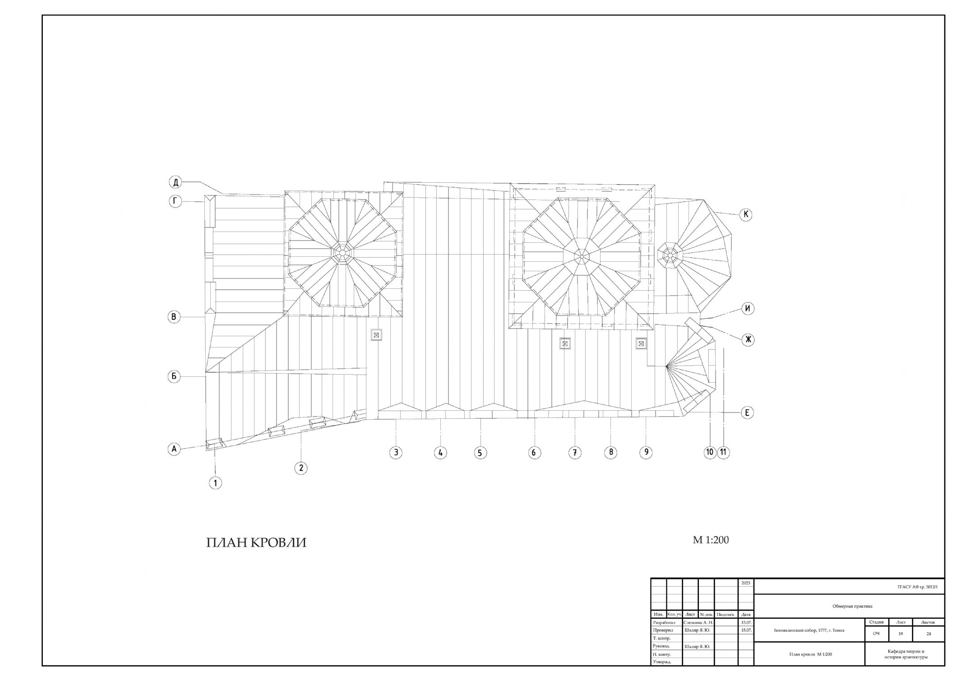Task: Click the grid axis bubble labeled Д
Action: pos(176,182)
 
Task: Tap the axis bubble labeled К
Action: pos(746,215)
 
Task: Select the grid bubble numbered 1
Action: pos(215,483)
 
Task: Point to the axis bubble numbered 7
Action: pos(574,453)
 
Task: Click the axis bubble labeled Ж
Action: pos(748,339)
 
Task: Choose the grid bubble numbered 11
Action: pos(723,452)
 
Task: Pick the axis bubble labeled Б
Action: pos(174,376)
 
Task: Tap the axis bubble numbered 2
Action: pos(301,468)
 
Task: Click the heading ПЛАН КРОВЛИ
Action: pos(256,543)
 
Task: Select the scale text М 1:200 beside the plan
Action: pos(711,540)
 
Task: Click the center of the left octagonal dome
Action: pos(343,253)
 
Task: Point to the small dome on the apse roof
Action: pos(670,256)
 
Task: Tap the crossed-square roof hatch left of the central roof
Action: pos(376,334)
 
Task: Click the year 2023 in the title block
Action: pos(745,583)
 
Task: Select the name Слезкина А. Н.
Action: pos(698,622)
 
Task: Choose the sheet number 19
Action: pos(900,634)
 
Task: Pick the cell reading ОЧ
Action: pos(876,634)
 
